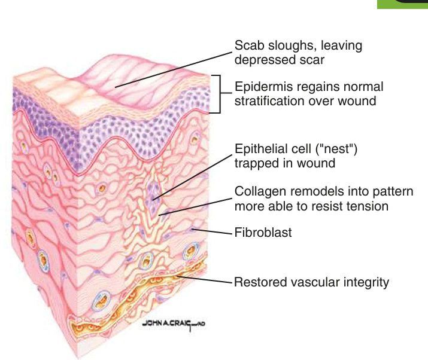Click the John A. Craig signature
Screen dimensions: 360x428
[174, 324]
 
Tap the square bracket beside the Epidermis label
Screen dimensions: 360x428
[218, 93]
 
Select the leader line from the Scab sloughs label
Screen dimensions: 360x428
[174, 66]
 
